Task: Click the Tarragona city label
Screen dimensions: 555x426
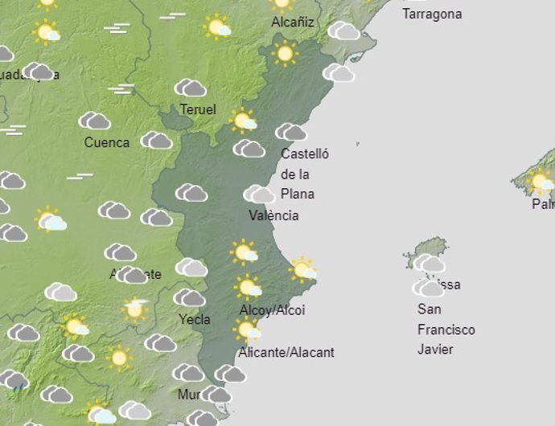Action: (432, 14)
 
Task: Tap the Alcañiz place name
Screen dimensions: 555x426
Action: (292, 23)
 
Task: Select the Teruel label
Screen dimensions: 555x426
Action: (198, 109)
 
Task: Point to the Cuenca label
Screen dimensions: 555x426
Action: (107, 142)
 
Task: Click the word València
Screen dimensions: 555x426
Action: (273, 215)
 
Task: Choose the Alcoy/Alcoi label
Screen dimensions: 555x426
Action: (272, 310)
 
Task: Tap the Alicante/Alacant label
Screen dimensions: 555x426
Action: (286, 352)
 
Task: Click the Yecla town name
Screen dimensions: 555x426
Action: (194, 319)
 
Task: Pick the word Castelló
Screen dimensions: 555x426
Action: (305, 154)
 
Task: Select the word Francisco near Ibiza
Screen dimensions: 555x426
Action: (446, 330)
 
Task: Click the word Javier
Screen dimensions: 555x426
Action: (435, 350)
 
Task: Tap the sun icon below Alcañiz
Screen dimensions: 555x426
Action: (284, 54)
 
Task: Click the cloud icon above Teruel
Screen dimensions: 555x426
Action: (191, 88)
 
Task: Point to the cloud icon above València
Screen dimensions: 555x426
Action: (259, 194)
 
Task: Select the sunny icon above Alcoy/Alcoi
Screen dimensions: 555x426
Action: (248, 287)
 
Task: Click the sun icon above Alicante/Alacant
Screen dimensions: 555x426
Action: (247, 329)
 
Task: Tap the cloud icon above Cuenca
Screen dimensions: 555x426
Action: (95, 121)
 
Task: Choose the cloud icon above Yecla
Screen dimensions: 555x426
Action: (189, 298)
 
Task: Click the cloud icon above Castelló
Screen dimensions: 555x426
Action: (290, 132)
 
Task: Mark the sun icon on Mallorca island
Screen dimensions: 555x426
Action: (541, 182)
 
